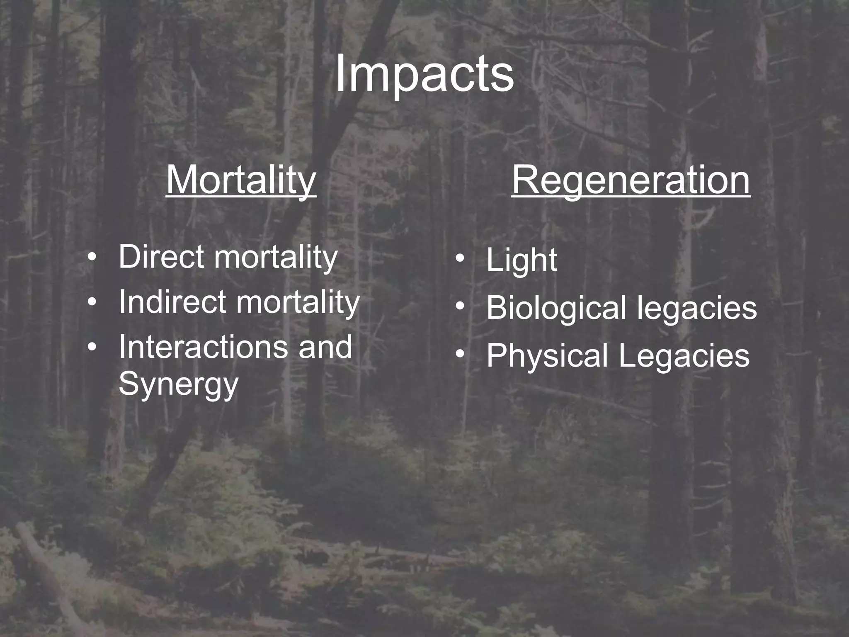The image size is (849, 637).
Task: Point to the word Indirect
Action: coord(172,302)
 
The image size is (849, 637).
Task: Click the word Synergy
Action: coord(178,384)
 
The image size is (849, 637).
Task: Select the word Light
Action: coord(522,260)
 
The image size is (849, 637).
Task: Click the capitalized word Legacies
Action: coord(684,356)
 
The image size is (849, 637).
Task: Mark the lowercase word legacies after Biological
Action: coord(697,308)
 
